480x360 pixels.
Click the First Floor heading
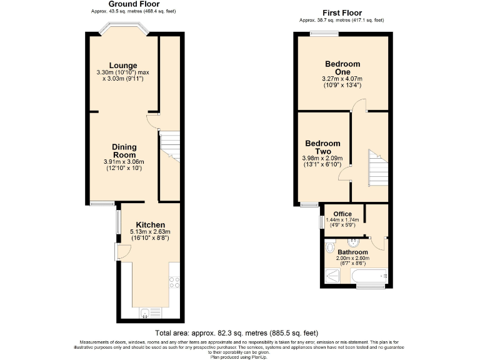click(x=342, y=12)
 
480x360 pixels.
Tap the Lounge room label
click(x=123, y=66)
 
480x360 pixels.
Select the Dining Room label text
click(x=124, y=151)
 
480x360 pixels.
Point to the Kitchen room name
click(x=150, y=225)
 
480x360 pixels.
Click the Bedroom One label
click(x=342, y=67)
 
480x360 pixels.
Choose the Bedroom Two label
click(x=322, y=147)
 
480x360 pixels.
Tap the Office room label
click(x=342, y=214)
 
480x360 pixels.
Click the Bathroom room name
click(x=354, y=252)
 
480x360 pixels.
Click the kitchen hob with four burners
click(x=174, y=282)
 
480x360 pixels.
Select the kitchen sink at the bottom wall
click(x=146, y=312)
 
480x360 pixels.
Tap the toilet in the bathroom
click(x=330, y=249)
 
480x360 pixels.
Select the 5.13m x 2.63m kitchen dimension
click(x=150, y=232)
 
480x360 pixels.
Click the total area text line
click(x=240, y=333)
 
